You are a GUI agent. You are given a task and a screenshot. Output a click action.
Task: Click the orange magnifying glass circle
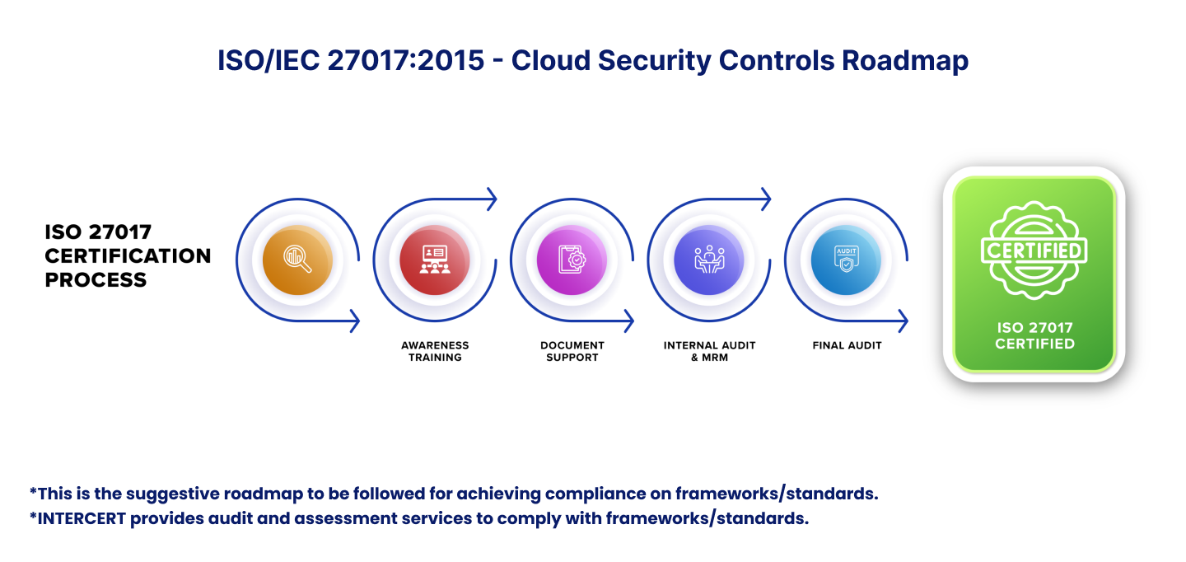(x=297, y=260)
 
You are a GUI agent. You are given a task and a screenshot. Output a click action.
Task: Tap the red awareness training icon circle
(x=435, y=260)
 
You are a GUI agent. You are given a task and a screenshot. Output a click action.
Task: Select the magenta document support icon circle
(x=572, y=260)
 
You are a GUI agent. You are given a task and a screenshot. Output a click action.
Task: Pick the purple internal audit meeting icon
(x=709, y=260)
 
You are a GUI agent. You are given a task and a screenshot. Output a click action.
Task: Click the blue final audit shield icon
(x=846, y=260)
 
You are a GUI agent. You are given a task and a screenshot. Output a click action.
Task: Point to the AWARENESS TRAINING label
(x=435, y=351)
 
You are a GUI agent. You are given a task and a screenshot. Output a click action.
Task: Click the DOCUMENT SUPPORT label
(x=572, y=351)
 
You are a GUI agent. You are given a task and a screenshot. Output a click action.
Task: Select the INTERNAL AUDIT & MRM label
(x=709, y=351)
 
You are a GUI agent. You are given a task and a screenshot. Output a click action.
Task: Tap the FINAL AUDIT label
(x=847, y=345)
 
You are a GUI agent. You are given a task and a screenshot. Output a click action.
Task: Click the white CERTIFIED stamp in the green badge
(x=1034, y=251)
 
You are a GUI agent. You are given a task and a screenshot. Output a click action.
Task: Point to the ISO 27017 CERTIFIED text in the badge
(x=1034, y=336)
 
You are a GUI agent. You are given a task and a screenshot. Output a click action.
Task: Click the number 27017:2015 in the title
(x=405, y=60)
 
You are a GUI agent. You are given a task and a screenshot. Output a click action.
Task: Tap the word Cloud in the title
(x=551, y=60)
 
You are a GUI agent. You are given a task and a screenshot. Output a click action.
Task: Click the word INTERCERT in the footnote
(x=82, y=518)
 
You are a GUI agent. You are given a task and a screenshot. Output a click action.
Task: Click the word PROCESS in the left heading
(x=96, y=279)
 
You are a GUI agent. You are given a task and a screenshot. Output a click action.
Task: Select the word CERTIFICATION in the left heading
(x=128, y=255)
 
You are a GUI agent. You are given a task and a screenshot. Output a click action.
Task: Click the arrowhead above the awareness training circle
(x=493, y=199)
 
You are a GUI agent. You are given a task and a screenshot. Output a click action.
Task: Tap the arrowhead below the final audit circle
(x=904, y=321)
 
